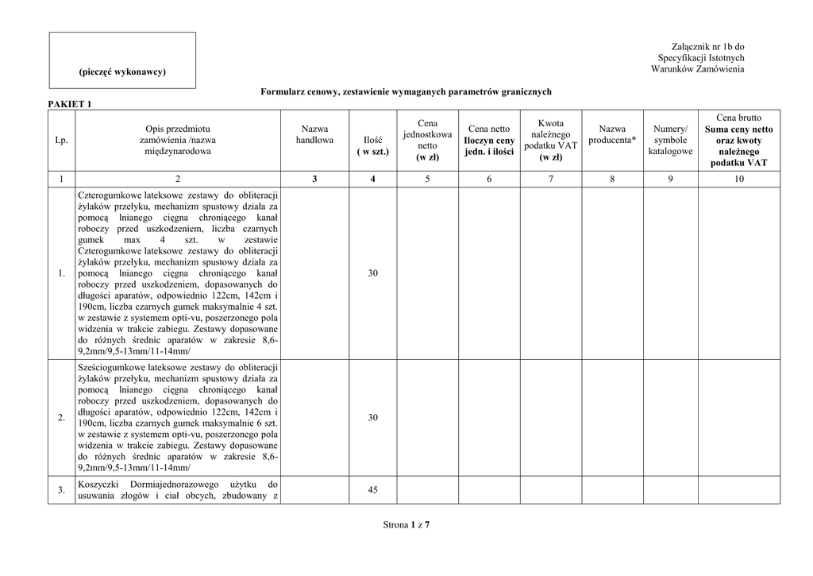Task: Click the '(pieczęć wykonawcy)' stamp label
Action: tap(122, 72)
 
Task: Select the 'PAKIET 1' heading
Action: tap(71, 104)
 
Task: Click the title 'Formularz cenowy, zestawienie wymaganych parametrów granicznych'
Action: tap(406, 92)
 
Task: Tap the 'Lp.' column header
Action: tap(62, 141)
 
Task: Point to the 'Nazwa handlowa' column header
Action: tap(314, 134)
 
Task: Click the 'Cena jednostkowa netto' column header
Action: tap(427, 140)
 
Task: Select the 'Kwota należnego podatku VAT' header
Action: tap(550, 140)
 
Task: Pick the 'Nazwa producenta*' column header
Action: tap(612, 134)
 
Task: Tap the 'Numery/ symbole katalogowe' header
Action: tap(670, 140)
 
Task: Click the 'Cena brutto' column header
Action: tap(738, 118)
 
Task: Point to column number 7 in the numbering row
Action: tap(550, 180)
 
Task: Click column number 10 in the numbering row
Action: tap(738, 180)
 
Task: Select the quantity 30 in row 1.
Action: tap(373, 273)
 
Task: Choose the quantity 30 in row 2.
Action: tap(373, 418)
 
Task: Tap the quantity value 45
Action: tap(373, 490)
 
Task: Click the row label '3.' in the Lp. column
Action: tap(62, 490)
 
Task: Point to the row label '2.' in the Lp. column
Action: tap(62, 418)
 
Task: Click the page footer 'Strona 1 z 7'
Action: tap(406, 525)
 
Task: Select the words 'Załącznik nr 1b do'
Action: tap(707, 47)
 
